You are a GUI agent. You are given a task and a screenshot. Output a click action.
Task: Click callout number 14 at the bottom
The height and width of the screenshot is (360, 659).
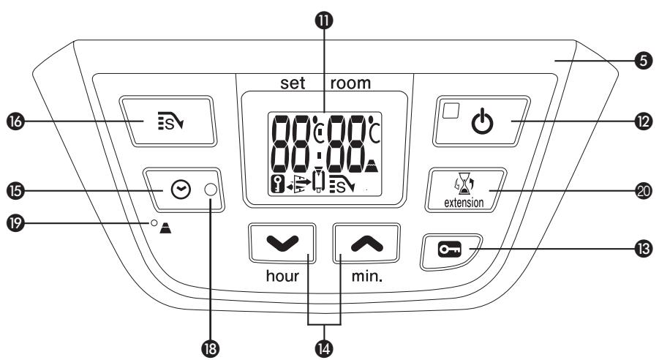tap(324, 344)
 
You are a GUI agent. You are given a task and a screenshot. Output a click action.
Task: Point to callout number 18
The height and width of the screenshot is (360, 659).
tap(212, 344)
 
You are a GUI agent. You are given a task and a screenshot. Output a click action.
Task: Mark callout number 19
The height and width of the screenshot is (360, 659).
tap(16, 222)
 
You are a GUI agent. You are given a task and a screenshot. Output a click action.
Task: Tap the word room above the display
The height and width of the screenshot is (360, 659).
tap(350, 83)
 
